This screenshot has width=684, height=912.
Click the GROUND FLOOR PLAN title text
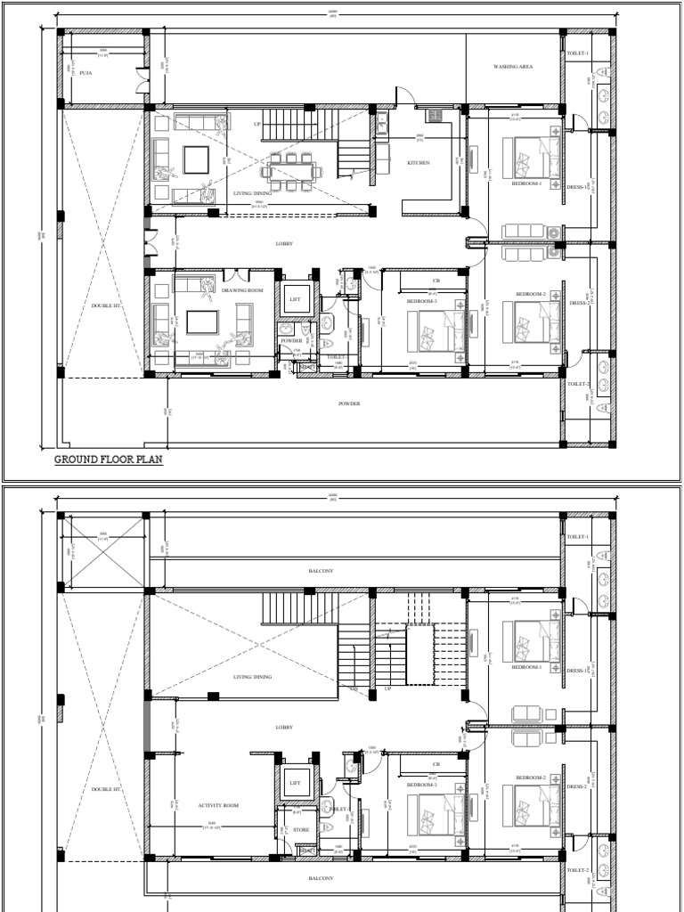click(x=109, y=460)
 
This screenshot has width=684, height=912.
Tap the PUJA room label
click(x=86, y=72)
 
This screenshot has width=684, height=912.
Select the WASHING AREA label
click(x=513, y=67)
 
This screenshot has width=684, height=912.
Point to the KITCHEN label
click(x=419, y=163)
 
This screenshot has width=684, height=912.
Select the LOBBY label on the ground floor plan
click(x=284, y=243)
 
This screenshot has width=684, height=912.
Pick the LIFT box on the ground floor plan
click(x=295, y=299)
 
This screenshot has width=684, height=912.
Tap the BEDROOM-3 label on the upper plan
click(x=422, y=785)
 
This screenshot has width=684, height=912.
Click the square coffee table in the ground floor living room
click(x=196, y=160)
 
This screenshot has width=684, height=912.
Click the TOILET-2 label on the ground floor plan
click(x=578, y=384)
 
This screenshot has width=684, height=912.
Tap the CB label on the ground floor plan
click(x=436, y=281)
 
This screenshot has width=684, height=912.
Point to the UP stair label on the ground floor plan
click(x=258, y=125)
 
